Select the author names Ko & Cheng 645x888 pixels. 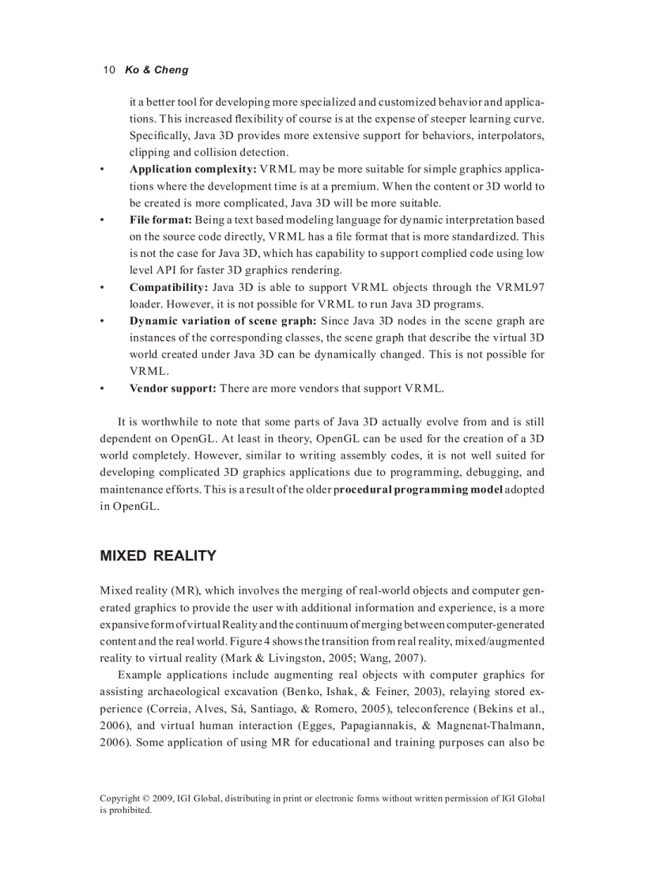pos(157,70)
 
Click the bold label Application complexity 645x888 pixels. pos(193,169)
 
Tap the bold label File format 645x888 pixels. pos(161,219)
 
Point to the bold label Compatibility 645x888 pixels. pos(168,287)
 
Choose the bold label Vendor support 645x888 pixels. pos(173,388)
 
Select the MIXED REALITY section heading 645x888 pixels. pos(158,556)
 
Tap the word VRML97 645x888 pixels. pos(519,287)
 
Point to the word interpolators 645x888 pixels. pos(511,136)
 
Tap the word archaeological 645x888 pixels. pos(184,692)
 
